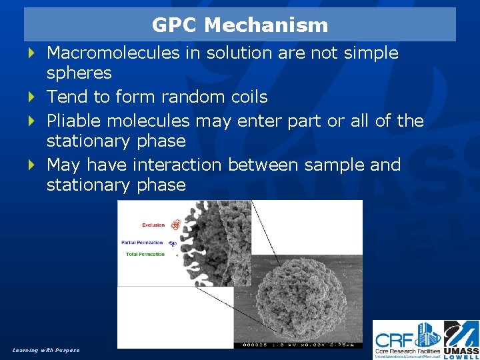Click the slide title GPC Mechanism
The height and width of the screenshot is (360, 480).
240,25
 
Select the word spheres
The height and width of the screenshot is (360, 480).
79,73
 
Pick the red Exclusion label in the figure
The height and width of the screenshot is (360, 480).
153,225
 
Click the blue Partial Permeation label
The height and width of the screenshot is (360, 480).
143,242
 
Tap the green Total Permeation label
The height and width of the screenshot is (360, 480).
145,255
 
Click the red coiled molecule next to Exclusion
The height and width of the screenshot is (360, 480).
175,225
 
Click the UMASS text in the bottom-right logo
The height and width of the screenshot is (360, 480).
461,349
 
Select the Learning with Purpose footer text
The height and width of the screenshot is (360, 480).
45,350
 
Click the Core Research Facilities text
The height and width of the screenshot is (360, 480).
407,350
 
